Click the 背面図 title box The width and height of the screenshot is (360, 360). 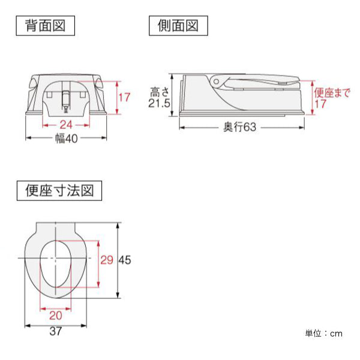point(45,25)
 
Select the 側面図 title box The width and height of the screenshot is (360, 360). point(178,25)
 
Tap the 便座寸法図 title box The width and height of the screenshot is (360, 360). point(59,191)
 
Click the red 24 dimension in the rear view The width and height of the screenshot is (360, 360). point(66,125)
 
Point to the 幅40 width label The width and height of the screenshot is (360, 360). point(67,139)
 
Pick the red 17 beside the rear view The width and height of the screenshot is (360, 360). point(124,97)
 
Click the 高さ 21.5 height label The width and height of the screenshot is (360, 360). point(159,97)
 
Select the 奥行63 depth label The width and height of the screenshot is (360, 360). point(239,127)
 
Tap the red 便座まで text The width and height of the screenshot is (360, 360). point(332,93)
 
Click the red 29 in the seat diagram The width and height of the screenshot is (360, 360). point(107,260)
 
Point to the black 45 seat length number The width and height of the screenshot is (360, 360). point(125,260)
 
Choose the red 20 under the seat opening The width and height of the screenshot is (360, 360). point(56,316)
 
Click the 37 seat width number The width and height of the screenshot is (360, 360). point(56,331)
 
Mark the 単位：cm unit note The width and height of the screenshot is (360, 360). point(324,334)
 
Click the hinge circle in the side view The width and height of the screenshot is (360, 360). point(216,82)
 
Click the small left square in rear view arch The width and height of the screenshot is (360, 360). point(49,94)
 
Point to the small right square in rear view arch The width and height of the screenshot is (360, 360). point(82,94)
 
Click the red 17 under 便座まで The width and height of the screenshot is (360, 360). point(320,104)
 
